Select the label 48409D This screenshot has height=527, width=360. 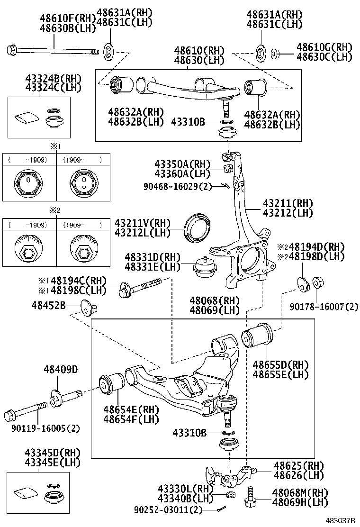pos(61,370)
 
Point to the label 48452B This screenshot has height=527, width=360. pos(49,305)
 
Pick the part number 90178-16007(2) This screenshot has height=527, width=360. pos(324,307)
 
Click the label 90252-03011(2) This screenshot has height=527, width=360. pos(169,510)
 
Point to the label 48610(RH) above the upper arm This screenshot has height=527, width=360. pos(198,51)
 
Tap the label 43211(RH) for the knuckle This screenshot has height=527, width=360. pos(288,203)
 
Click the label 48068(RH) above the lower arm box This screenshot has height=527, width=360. pos(215,301)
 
